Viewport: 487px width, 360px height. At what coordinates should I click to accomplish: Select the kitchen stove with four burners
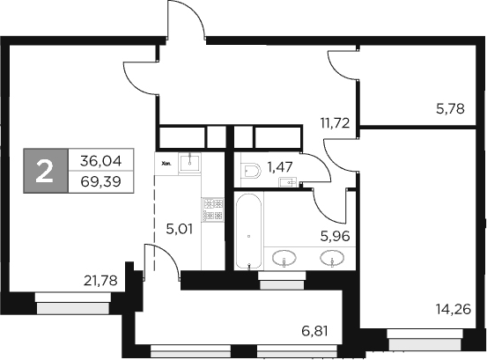click(210, 208)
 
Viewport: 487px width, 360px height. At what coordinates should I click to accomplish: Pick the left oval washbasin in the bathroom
click(284, 258)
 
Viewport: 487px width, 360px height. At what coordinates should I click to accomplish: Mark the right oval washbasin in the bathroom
click(331, 258)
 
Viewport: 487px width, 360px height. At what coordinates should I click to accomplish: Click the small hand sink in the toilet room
click(287, 182)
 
